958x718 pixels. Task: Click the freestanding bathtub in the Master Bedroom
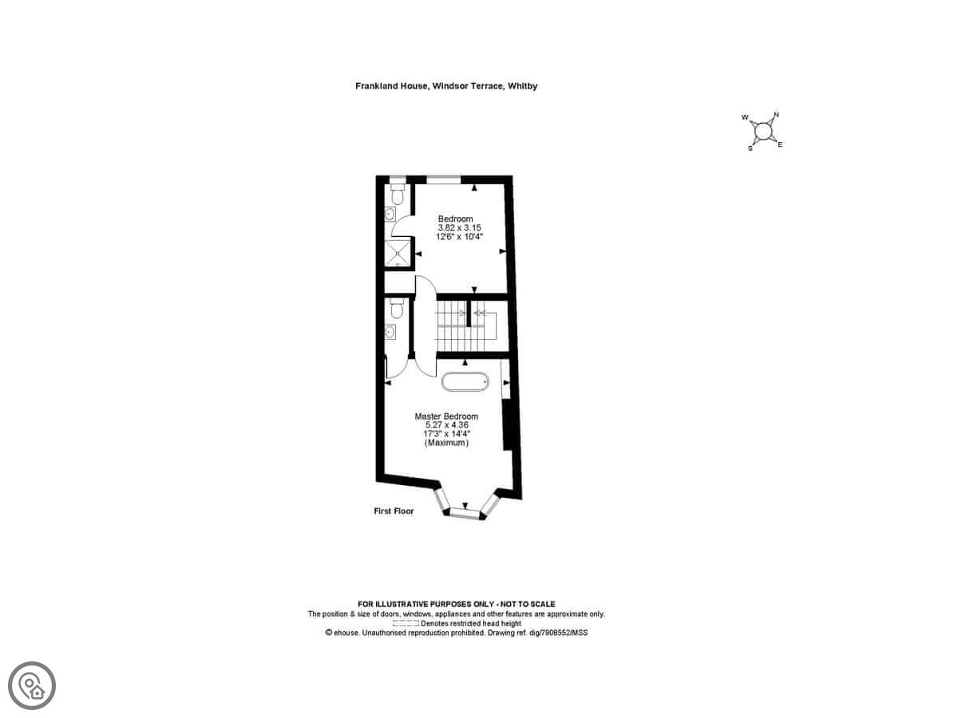coord(465,381)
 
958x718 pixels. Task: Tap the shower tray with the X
coord(398,253)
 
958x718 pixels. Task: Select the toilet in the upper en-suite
coord(397,195)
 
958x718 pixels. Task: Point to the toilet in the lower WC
coord(396,308)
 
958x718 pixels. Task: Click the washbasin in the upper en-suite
coord(390,214)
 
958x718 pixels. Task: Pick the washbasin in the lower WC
coord(390,332)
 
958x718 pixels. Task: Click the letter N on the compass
coord(776,115)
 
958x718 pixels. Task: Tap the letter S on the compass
coord(750,148)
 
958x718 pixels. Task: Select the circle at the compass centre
coord(763,131)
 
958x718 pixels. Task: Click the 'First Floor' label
coord(394,511)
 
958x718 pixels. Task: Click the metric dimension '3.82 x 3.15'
coord(459,227)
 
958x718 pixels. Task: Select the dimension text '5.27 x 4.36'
coord(447,424)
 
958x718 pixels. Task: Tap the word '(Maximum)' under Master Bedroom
coord(446,443)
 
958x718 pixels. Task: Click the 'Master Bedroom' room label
coord(446,416)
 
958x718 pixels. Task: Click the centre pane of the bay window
coord(465,513)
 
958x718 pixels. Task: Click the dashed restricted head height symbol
coord(406,623)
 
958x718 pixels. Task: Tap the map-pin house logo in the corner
coord(32,686)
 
